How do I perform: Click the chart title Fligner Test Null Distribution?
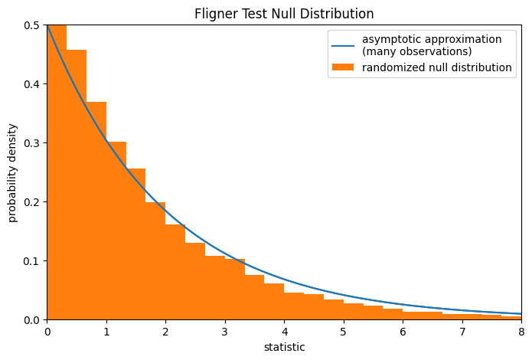click(x=284, y=14)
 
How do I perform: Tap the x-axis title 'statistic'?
click(x=284, y=347)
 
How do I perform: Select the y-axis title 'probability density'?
click(x=13, y=172)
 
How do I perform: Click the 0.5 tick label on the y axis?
click(x=34, y=25)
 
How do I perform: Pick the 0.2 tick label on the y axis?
click(x=34, y=202)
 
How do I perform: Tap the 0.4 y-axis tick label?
click(x=34, y=84)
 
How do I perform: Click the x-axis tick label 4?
click(x=284, y=332)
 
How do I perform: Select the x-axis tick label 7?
click(x=462, y=332)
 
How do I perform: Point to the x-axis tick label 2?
click(x=165, y=332)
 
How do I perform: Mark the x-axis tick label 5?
click(x=344, y=332)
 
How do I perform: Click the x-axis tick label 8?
click(x=521, y=332)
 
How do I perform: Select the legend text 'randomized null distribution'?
click(x=437, y=67)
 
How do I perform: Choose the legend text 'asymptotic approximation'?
click(x=432, y=39)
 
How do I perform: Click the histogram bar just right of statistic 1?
click(x=116, y=230)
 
